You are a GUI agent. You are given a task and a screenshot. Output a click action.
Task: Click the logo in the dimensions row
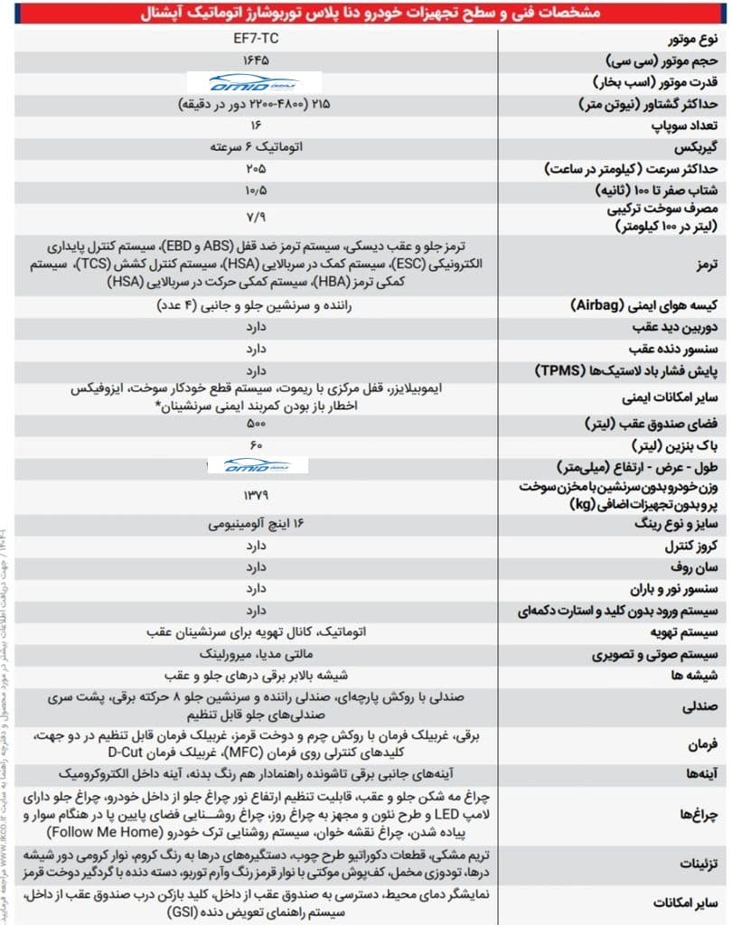(258, 465)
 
